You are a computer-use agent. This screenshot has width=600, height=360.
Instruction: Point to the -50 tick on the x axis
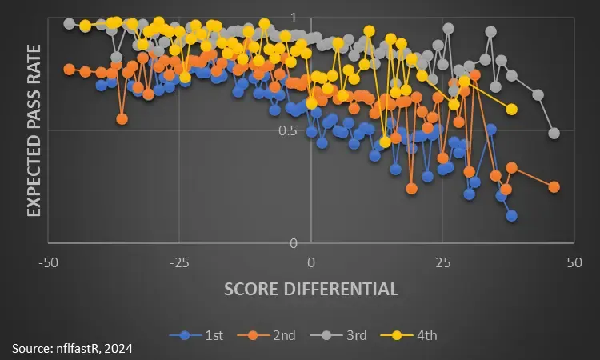(x=50, y=262)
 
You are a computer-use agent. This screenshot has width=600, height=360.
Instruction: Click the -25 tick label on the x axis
(x=180, y=262)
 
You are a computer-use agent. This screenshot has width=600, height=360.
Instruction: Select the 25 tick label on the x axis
(x=442, y=262)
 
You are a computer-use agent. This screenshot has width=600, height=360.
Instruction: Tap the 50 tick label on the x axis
(x=574, y=262)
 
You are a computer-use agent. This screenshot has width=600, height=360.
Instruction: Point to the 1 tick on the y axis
(x=293, y=18)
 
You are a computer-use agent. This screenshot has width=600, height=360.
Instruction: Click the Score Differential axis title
(x=311, y=289)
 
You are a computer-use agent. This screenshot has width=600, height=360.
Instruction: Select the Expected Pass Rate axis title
(x=34, y=130)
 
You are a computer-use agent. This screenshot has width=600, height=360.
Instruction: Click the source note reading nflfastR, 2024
(x=72, y=348)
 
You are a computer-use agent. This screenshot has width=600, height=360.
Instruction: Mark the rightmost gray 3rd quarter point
(x=554, y=133)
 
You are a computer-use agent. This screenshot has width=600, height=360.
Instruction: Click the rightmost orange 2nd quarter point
(x=554, y=186)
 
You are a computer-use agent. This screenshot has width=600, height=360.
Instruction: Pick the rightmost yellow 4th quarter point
(x=512, y=109)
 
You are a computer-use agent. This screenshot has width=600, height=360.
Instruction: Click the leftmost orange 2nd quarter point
(x=69, y=69)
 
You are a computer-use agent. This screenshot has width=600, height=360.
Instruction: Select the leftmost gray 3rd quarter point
(x=69, y=23)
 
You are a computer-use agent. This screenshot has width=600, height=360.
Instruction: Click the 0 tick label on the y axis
(x=293, y=243)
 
